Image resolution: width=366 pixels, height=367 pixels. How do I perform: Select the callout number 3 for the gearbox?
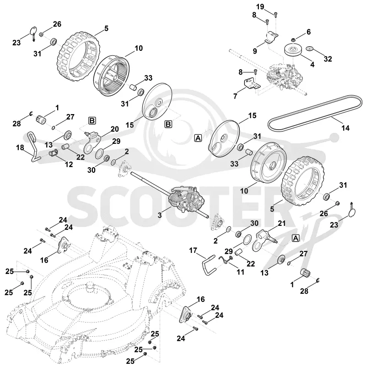coord(160,215)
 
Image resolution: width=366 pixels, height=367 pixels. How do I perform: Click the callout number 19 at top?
coord(260,6)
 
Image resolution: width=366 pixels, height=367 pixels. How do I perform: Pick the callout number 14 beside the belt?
coord(345,128)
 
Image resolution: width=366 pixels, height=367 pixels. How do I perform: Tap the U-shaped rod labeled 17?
coord(209,265)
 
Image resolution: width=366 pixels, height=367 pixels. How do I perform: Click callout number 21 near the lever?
coord(282,223)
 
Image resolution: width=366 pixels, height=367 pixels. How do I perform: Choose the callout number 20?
coord(114,129)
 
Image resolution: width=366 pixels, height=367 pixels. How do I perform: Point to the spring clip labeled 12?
coord(54,153)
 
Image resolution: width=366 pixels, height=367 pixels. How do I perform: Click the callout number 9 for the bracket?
coord(255,51)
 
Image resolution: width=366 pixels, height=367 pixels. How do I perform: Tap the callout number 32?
coord(328,59)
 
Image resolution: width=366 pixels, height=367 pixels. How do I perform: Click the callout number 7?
coord(235,96)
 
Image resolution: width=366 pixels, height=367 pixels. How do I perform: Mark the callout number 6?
coord(308,32)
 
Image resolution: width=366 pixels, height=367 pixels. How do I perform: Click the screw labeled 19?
coord(275,15)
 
